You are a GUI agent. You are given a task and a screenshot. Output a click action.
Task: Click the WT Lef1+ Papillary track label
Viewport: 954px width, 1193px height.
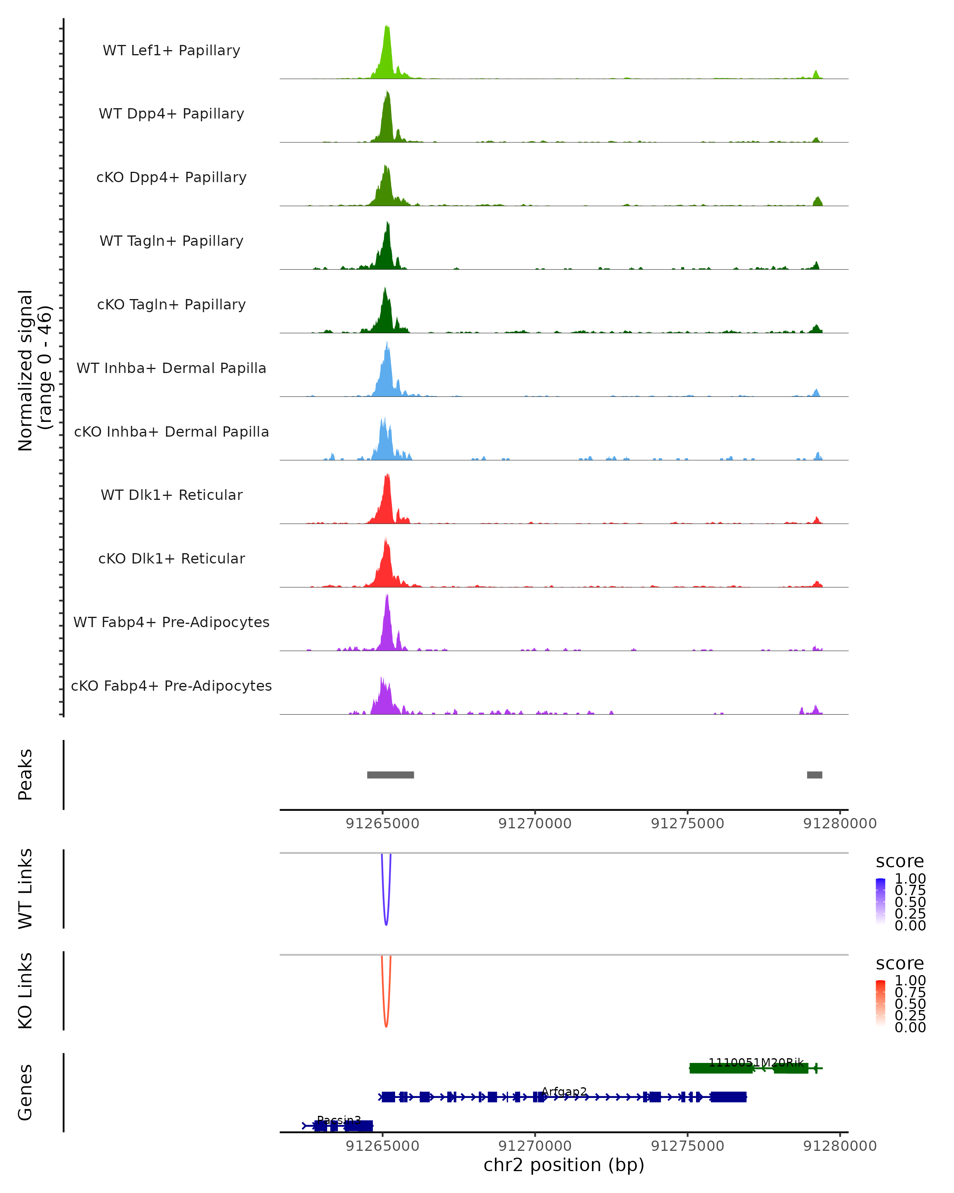click(171, 51)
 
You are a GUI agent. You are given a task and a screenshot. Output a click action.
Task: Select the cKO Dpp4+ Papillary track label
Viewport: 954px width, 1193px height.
click(171, 178)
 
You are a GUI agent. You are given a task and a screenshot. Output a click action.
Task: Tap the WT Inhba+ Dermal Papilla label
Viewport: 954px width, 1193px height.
click(171, 369)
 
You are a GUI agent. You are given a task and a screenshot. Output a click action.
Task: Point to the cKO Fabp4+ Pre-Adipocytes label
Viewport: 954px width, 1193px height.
click(171, 686)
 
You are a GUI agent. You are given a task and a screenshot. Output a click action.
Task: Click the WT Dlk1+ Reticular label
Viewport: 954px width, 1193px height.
click(171, 495)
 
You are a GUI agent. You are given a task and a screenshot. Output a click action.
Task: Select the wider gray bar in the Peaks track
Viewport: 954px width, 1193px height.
click(390, 775)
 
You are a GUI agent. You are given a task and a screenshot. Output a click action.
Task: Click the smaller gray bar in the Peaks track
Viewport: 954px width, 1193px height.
click(814, 775)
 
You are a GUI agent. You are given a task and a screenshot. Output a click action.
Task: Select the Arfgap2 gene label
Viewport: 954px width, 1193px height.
click(564, 1092)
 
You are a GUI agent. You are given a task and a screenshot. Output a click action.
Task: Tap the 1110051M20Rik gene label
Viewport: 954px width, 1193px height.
click(756, 1063)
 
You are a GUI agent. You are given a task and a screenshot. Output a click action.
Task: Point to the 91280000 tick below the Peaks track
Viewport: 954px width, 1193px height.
click(840, 824)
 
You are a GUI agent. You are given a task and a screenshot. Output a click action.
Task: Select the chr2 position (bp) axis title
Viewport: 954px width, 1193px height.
click(564, 1165)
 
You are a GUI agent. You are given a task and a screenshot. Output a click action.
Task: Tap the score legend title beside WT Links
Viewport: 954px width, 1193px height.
click(899, 862)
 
